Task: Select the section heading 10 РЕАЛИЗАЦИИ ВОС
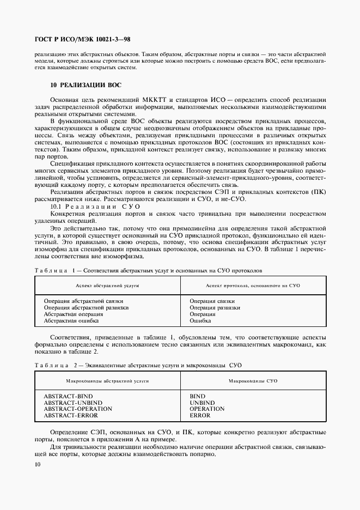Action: click(x=86, y=86)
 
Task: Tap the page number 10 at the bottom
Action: click(x=37, y=464)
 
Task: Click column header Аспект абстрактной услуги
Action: click(x=107, y=285)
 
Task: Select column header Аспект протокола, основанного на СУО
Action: click(x=253, y=285)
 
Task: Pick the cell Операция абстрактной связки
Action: click(x=83, y=301)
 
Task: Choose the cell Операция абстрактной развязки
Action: click(x=86, y=308)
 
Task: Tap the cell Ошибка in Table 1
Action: click(x=200, y=321)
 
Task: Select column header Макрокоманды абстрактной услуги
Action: click(x=107, y=380)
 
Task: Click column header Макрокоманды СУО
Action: click(x=253, y=380)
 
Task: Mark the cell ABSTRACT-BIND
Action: click(x=68, y=396)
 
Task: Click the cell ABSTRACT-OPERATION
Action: click(x=78, y=409)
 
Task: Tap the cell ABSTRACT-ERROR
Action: click(x=70, y=415)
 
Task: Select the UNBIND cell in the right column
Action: click(x=203, y=402)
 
